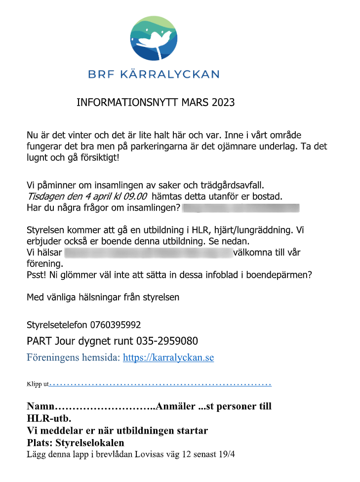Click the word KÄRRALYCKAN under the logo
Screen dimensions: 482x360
click(176, 74)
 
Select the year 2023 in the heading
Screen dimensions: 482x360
click(223, 103)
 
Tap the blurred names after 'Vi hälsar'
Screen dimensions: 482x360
click(148, 253)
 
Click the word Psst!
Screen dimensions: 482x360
click(37, 275)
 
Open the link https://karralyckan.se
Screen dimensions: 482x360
click(168, 358)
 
